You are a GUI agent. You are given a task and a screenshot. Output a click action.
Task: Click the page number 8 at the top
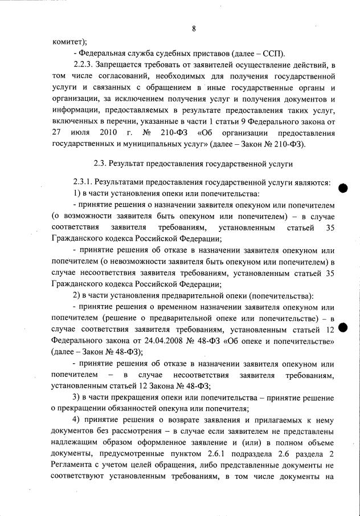[194, 29]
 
